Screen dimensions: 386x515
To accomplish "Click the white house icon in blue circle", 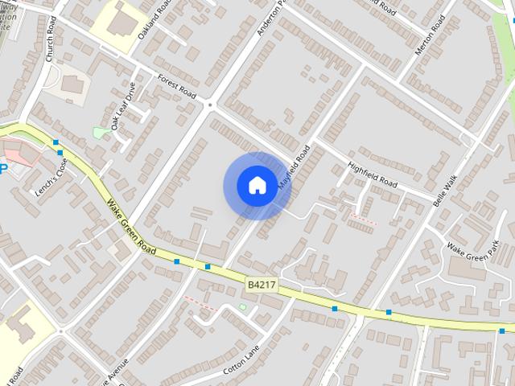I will coord(257,186).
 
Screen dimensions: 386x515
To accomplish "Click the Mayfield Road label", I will coord(295,167).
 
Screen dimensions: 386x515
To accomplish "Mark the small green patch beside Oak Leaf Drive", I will coord(101,132).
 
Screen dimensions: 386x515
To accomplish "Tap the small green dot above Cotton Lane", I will coord(243,307).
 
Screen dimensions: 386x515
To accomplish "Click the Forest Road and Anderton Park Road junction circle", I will coord(209,104).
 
